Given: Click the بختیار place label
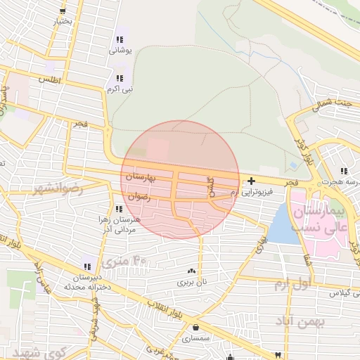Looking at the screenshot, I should point(63,22).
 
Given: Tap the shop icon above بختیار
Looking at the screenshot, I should point(63,11).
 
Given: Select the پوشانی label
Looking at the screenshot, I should point(120,51).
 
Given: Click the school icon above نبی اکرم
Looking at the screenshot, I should point(119,78).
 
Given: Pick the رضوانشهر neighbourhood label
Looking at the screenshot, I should point(57,189).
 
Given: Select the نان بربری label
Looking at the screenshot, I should point(192,281).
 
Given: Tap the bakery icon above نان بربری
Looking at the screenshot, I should point(191,271).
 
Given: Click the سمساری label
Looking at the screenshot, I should point(195,338).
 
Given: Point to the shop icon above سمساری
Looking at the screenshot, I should point(195,327).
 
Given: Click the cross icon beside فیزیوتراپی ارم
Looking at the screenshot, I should point(251,181).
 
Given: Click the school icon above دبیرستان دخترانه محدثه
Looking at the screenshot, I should point(86,266).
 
